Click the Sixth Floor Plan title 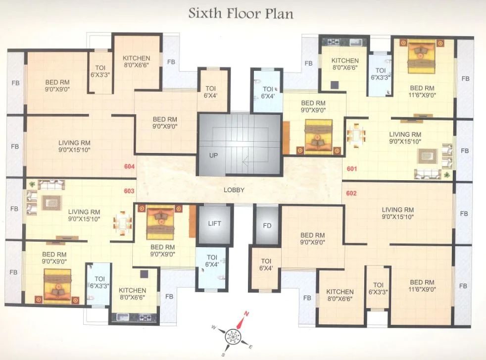(x=241, y=13)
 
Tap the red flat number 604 (x=129, y=167)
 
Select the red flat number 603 (x=129, y=191)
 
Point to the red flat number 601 (x=352, y=169)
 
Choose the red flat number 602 (x=352, y=193)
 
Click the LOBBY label (x=234, y=190)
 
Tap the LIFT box (x=215, y=224)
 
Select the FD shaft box (x=267, y=226)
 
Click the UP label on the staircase (x=213, y=155)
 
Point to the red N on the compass (x=246, y=313)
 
